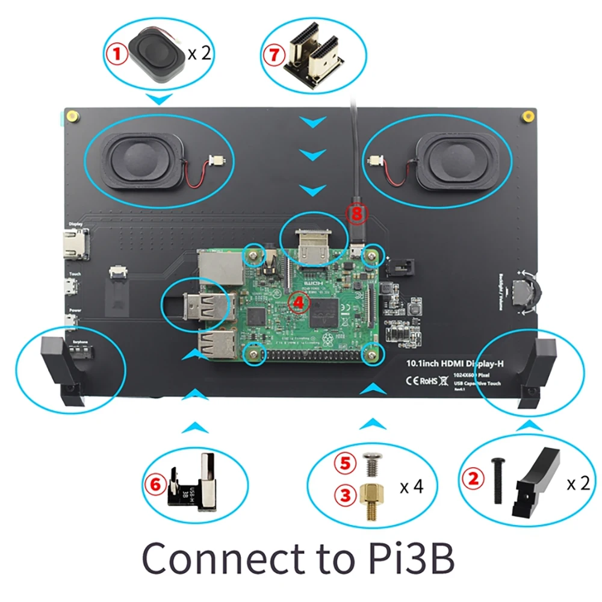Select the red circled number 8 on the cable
click(357, 213)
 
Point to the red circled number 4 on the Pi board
click(296, 302)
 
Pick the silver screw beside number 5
click(371, 464)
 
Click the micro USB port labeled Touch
click(73, 289)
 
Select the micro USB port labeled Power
click(73, 324)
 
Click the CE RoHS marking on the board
click(420, 380)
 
